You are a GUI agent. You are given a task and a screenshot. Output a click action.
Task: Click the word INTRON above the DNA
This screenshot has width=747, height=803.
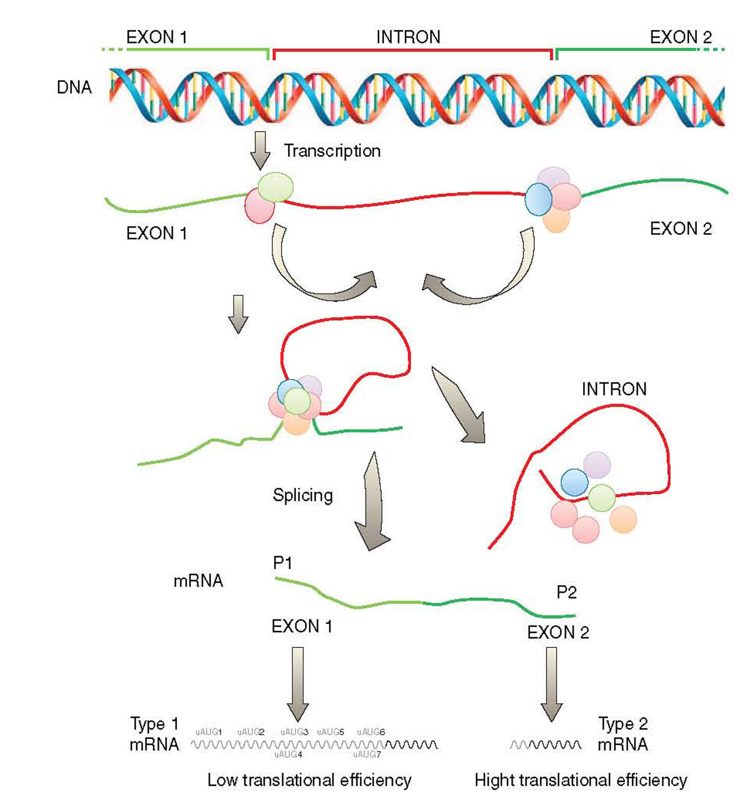tap(408, 38)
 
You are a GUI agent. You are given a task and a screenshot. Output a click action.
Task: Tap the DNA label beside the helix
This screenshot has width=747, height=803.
tap(74, 88)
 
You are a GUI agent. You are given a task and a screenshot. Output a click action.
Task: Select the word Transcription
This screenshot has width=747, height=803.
tap(332, 151)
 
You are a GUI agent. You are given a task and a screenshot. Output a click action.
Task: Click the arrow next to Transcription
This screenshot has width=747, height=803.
tap(260, 150)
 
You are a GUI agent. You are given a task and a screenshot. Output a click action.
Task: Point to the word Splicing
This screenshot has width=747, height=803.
tap(303, 495)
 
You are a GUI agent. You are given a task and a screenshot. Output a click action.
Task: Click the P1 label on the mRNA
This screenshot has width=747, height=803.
tap(283, 563)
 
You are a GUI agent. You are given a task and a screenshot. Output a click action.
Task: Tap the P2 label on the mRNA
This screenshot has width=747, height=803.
tap(566, 592)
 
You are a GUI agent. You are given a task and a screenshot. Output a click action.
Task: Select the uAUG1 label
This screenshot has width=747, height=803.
tap(209, 731)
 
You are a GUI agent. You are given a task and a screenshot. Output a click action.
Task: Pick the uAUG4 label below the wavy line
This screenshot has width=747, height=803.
tap(288, 755)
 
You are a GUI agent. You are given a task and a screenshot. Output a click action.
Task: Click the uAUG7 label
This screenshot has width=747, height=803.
tap(367, 755)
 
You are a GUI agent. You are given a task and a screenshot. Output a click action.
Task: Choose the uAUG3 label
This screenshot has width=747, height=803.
tap(294, 731)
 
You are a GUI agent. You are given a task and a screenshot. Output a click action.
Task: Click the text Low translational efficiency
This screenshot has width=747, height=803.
tap(309, 780)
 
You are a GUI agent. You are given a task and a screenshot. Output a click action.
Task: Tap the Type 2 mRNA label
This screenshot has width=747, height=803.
tap(622, 734)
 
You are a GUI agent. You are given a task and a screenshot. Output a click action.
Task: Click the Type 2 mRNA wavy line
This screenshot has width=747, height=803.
tap(546, 745)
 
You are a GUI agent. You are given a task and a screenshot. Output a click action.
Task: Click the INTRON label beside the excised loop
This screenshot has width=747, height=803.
tap(614, 389)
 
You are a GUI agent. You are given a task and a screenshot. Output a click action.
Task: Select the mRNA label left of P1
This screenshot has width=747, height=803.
tap(198, 581)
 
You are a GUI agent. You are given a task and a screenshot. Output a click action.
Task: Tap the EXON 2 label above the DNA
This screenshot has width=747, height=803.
tap(681, 38)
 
